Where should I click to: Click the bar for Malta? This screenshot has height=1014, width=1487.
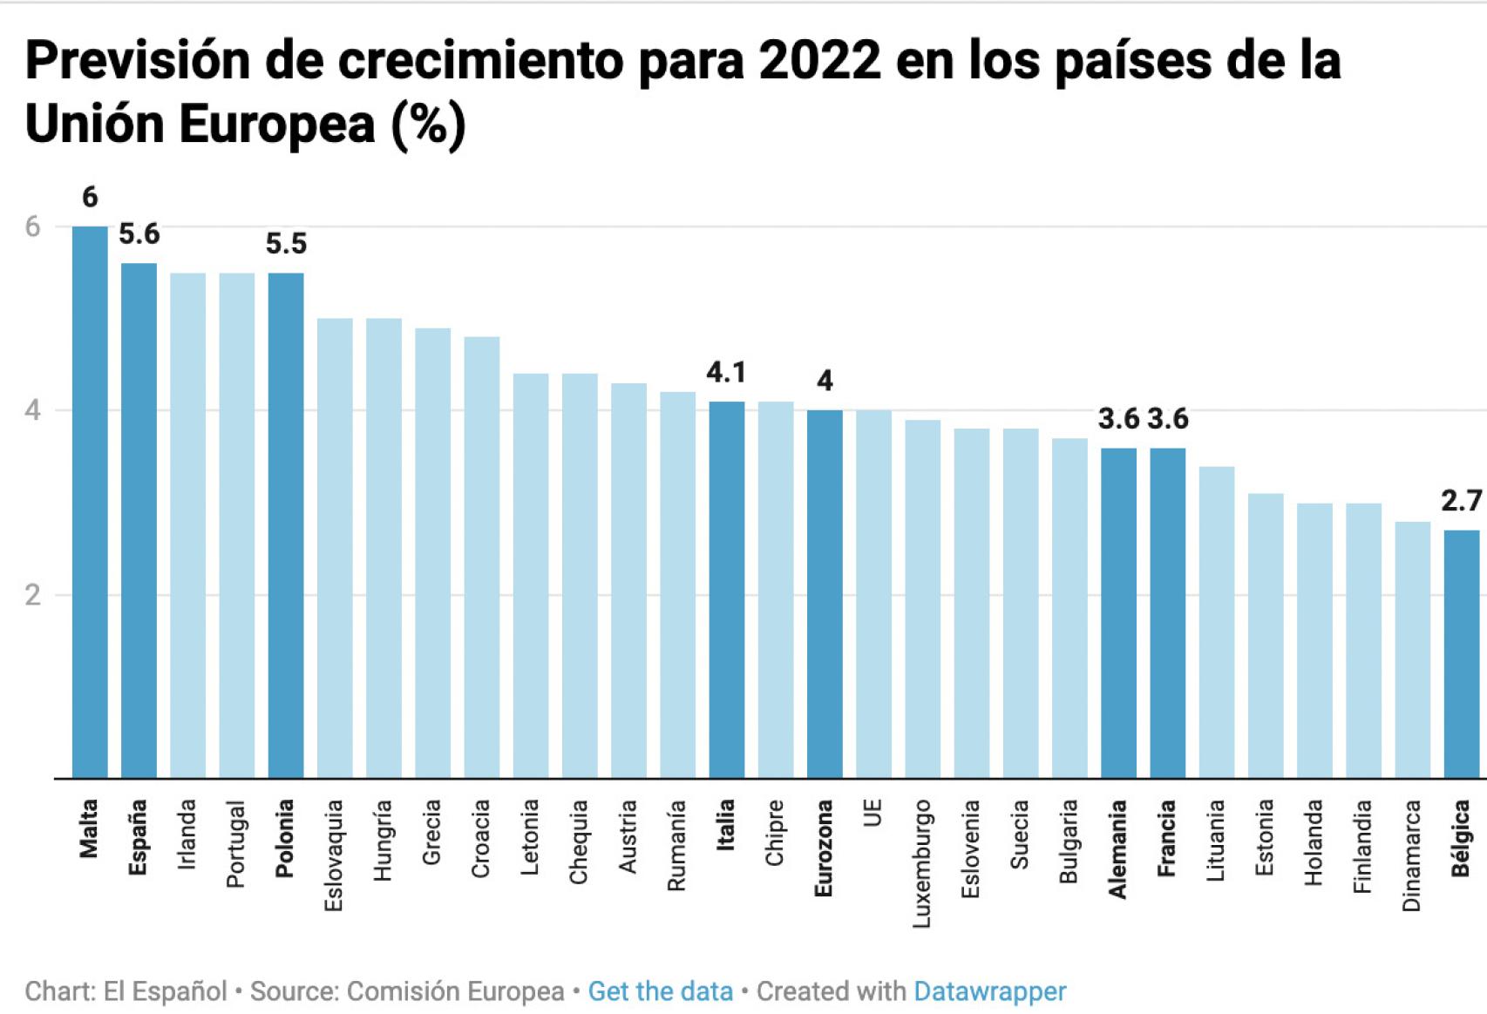90,502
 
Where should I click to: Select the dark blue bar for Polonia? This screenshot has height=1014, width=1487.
286,525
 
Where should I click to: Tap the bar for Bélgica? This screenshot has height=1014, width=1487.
1462,653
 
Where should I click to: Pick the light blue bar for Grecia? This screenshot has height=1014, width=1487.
432,553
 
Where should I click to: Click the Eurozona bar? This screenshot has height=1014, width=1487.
825,593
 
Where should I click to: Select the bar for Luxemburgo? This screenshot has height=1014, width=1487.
922,598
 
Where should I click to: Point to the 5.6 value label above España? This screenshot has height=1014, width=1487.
139,234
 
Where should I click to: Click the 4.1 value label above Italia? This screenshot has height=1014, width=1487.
726,373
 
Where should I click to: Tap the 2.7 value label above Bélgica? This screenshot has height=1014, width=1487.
1461,501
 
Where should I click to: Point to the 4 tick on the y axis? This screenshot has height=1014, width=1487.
33,410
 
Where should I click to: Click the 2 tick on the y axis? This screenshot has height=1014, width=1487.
33,595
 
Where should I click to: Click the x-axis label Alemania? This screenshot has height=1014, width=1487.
1118,849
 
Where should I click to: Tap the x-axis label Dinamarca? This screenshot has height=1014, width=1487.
1412,855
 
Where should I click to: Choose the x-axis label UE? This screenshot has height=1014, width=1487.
873,813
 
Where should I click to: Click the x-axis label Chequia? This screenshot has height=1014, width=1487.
580,842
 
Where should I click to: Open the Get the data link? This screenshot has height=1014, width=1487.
660,991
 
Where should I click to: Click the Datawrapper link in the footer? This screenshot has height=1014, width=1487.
989,991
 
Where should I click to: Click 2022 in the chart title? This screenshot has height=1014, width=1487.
819,61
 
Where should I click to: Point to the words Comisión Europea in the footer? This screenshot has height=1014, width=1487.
455,991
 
